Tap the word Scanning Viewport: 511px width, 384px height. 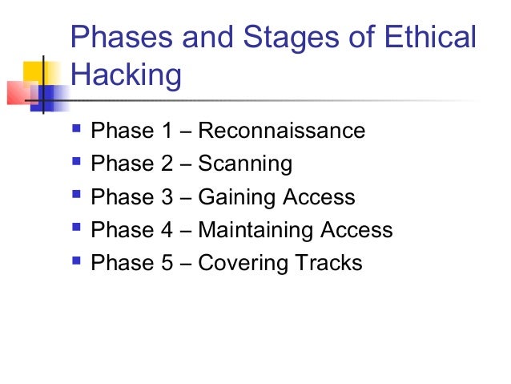(245, 165)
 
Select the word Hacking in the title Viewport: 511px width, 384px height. (127, 76)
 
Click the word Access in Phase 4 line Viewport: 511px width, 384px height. (356, 231)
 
